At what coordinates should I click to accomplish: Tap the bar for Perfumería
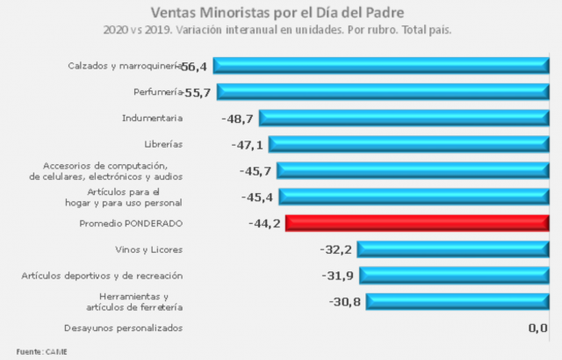382,91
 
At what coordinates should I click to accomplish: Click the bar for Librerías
408,144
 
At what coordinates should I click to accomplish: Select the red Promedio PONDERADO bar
416,223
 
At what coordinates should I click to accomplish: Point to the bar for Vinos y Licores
452,249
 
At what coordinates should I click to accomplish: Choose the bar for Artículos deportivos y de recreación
453,276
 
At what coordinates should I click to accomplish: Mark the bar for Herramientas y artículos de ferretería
457,302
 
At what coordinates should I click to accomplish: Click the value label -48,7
237,119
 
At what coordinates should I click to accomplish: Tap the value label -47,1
246,145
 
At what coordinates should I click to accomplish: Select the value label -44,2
264,224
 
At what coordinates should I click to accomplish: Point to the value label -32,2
336,250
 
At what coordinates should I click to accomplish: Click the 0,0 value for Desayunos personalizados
537,328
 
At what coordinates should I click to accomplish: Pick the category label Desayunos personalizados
124,328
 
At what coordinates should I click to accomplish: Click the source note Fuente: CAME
41,351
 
